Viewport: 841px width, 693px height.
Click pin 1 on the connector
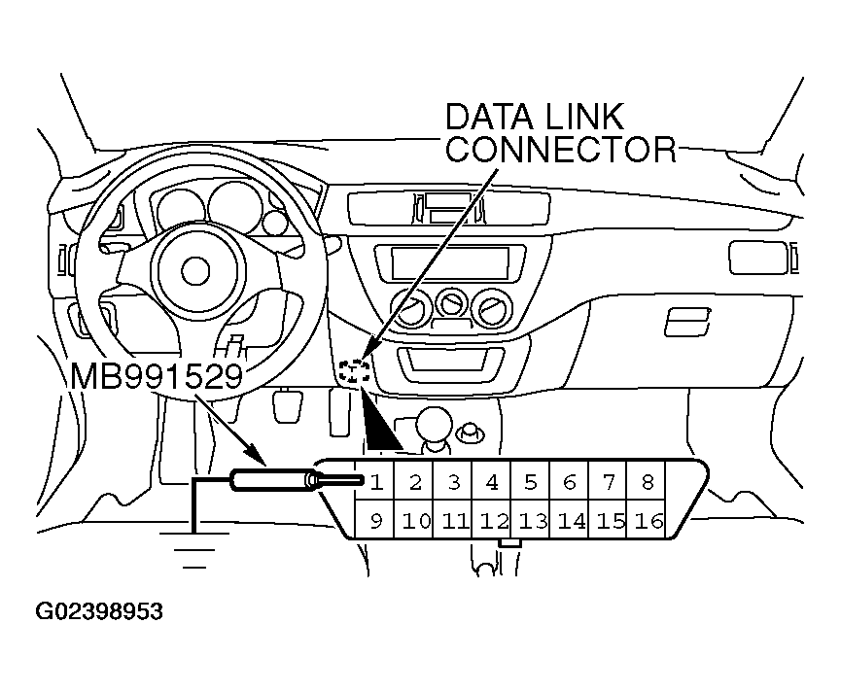[375, 481]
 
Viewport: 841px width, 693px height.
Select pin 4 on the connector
[492, 481]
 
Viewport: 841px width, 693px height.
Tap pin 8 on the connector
[648, 481]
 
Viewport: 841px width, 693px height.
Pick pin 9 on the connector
[375, 521]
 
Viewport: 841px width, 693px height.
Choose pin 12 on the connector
[494, 521]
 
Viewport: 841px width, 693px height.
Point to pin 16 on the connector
[648, 521]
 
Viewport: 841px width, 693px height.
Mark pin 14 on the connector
[571, 521]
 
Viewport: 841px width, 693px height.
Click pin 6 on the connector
[570, 481]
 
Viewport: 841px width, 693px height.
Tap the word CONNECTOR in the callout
[560, 151]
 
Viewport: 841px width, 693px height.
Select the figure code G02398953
[99, 612]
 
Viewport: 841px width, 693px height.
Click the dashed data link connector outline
[355, 369]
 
